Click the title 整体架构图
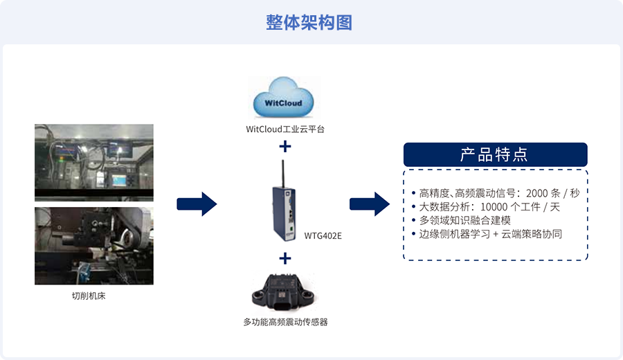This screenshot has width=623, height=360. pos(309,22)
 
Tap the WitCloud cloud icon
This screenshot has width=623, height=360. pos(283,98)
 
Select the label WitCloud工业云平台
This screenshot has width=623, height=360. pos(285,129)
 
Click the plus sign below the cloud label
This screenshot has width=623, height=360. pos(285,147)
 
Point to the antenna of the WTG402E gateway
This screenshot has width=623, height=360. pos(283,174)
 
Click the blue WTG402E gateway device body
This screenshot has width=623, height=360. pos(284,213)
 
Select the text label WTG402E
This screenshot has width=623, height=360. pos(323,236)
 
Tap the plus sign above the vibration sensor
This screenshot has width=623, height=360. pos(285,259)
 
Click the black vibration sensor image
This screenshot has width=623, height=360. pos(284,292)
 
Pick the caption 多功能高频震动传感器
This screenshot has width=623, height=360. pos(285,322)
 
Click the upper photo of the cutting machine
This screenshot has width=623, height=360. pos(93,163)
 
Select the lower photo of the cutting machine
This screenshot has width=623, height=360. pos(93,246)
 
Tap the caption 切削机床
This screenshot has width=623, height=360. pos(89,296)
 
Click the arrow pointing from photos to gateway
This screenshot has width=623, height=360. pos(197,204)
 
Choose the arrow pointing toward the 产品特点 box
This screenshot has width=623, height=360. pos(370,204)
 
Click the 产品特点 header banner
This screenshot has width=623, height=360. pos(496,154)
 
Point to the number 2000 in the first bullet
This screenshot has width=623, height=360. pos(536,194)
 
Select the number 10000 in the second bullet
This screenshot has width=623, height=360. pos(494,207)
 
